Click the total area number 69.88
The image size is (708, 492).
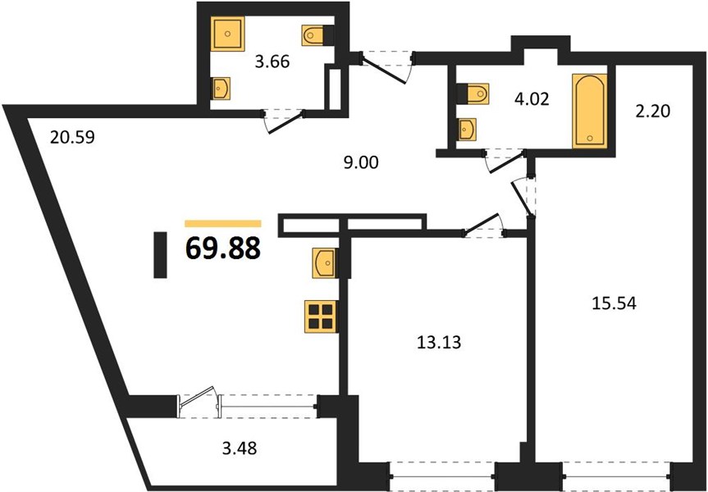click(x=223, y=248)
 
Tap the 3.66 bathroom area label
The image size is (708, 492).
click(x=272, y=61)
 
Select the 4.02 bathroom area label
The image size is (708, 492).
click(x=532, y=98)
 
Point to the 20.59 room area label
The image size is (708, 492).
click(x=72, y=137)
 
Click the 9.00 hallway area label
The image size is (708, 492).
click(x=361, y=162)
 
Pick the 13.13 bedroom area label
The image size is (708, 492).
click(x=438, y=342)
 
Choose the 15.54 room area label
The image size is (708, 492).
click(x=614, y=303)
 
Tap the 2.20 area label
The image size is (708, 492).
click(x=652, y=111)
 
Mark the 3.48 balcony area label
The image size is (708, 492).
click(x=240, y=448)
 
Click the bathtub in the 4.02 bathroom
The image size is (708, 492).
click(x=590, y=111)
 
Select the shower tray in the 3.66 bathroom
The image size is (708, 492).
click(x=228, y=34)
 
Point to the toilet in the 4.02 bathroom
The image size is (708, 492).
click(x=473, y=93)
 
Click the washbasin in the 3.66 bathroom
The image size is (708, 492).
click(x=222, y=88)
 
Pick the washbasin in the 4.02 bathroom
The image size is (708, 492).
click(x=467, y=130)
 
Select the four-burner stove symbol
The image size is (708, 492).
click(x=321, y=317)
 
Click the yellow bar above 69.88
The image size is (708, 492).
click(x=223, y=223)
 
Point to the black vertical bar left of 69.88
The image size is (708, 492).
click(x=160, y=254)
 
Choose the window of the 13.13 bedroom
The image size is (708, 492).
click(x=442, y=476)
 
